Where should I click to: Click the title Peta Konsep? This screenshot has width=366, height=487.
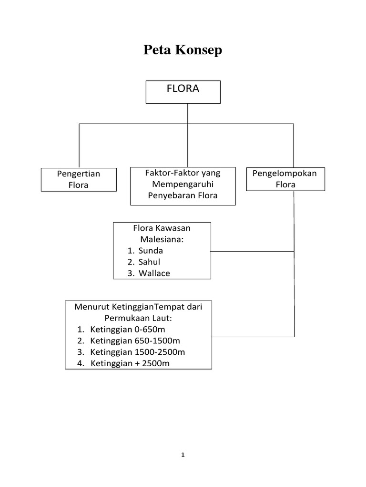(183, 50)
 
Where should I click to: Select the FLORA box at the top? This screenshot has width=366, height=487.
(183, 92)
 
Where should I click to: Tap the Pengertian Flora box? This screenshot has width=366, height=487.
(79, 179)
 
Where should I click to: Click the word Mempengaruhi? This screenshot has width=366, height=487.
(183, 184)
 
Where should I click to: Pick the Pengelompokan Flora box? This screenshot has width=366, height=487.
(285, 179)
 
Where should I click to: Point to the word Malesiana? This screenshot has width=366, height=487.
(162, 239)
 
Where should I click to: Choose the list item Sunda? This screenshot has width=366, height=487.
(151, 251)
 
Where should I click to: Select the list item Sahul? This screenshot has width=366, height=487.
(149, 262)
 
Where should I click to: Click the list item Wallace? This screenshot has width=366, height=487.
(154, 273)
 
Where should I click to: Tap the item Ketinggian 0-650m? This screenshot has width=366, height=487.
(127, 330)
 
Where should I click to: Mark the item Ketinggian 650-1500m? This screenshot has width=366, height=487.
(135, 341)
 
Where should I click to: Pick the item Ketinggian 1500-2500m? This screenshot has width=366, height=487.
(137, 352)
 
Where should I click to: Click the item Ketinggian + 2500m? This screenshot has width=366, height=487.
(130, 364)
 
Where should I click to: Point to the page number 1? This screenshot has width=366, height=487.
(183, 455)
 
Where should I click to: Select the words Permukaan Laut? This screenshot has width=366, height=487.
(138, 318)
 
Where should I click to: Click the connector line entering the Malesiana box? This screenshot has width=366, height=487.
(253, 251)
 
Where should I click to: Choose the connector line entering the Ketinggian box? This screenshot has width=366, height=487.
(253, 336)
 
